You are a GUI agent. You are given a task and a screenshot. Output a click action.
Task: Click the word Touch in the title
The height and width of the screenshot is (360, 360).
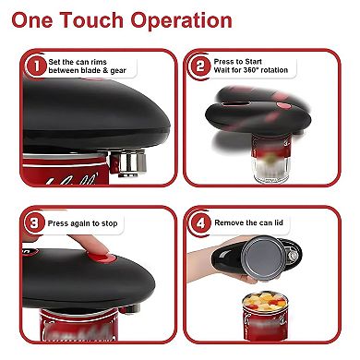click(91, 19)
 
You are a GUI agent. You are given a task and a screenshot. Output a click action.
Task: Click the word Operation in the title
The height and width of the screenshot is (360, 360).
click(181, 21)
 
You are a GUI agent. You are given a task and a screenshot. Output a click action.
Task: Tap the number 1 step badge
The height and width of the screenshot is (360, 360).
click(36, 66)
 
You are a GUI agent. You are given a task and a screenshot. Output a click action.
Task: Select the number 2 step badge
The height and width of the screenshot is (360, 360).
click(200, 66)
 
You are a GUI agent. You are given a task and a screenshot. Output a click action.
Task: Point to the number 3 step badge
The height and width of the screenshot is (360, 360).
click(34, 222)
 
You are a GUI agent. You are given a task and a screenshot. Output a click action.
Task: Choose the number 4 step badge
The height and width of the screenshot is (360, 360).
click(200, 222)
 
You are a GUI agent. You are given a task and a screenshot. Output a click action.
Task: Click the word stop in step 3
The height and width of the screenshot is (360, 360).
click(110, 223)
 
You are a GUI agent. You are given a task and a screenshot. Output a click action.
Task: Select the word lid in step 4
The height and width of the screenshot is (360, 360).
click(279, 222)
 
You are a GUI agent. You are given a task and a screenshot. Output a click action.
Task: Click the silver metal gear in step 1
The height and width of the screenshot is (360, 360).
click(128, 162)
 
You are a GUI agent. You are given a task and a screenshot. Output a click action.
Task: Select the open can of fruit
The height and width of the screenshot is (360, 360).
click(265, 317)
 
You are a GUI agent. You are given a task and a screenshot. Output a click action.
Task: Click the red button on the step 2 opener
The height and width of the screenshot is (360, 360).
click(284, 106)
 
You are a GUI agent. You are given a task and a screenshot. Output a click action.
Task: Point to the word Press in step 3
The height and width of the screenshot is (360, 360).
click(57, 223)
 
